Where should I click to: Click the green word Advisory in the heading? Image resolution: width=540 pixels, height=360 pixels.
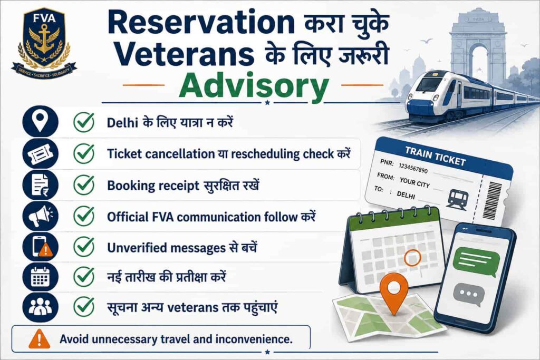coord(254,87)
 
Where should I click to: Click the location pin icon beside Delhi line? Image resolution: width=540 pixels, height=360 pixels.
coord(40,121)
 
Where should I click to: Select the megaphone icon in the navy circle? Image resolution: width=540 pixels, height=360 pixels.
coord(41,216)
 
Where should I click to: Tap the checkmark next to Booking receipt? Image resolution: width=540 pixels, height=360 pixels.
coord(84,185)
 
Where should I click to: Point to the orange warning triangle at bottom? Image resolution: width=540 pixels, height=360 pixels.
coord(39,339)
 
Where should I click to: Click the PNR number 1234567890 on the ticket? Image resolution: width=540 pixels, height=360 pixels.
coord(413,168)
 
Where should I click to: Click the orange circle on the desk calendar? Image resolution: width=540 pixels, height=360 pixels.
coord(412,258)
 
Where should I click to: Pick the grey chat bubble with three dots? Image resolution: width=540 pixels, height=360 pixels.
coord(467,295)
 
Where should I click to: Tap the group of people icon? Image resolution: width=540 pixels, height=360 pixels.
coord(40,307)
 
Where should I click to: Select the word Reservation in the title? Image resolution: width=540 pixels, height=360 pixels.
coord(201,23)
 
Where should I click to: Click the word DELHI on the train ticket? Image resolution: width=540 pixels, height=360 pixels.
coord(406,195)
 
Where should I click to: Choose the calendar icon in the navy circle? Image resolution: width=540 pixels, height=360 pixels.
coord(40,277)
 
